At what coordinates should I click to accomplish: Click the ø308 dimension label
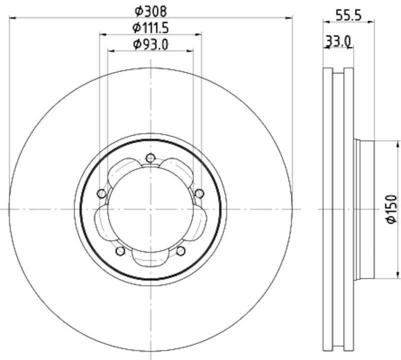[150, 10]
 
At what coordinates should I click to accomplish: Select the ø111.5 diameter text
[150, 28]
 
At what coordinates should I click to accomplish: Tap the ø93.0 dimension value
[150, 45]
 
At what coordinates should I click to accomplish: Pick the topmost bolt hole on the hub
[150, 158]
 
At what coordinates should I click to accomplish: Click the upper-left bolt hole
[101, 194]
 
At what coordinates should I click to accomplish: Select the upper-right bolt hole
[199, 194]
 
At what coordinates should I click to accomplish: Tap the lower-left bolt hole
[120, 250]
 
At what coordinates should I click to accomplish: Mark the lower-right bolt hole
[181, 250]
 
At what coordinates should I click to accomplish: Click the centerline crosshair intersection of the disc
[150, 209]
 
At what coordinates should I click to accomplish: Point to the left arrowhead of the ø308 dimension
[12, 18]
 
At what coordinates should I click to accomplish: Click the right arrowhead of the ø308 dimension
[290, 18]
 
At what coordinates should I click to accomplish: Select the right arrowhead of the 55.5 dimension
[372, 22]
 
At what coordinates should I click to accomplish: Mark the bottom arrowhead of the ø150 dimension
[397, 275]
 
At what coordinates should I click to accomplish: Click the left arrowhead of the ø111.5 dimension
[102, 35]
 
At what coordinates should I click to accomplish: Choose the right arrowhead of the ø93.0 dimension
[191, 51]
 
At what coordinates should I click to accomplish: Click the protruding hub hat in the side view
[365, 209]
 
